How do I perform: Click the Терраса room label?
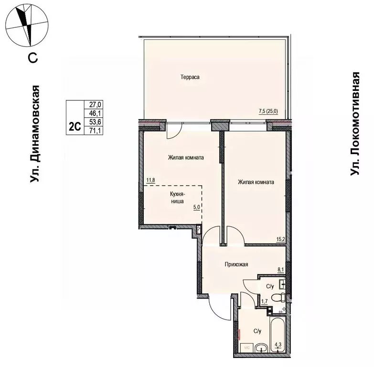coord(190,77)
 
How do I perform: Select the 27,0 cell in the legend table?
coord(94,105)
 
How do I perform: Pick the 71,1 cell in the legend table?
coord(94,131)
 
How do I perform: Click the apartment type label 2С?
coord(75,126)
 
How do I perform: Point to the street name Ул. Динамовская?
coord(34,134)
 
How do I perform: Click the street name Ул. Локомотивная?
coord(355,123)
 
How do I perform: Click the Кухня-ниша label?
coord(177,197)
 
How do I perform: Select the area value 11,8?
coord(150,180)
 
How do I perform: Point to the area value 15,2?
coord(281,239)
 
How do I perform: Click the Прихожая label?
coord(236,264)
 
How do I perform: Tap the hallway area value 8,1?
coord(280,270)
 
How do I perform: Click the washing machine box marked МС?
coord(246,348)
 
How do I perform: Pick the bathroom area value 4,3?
coord(278,345)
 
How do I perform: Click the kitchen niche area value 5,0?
coord(196,207)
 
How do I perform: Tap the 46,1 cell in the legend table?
coord(94,113)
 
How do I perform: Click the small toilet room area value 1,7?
coord(264,301)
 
